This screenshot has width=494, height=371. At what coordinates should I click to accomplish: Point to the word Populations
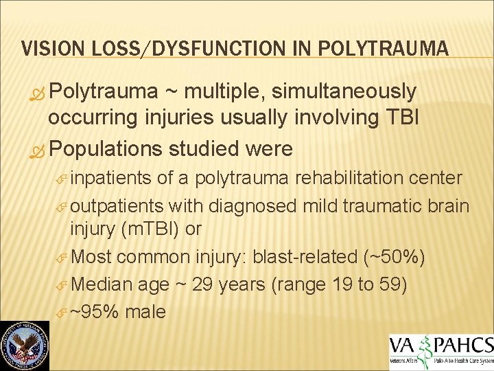tap(106, 148)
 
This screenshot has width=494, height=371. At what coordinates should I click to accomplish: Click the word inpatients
tap(112, 178)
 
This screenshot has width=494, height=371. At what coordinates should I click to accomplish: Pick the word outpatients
tap(117, 205)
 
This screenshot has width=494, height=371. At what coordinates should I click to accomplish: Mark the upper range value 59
tap(392, 284)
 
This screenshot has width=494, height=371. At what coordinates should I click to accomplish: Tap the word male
tap(145, 312)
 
